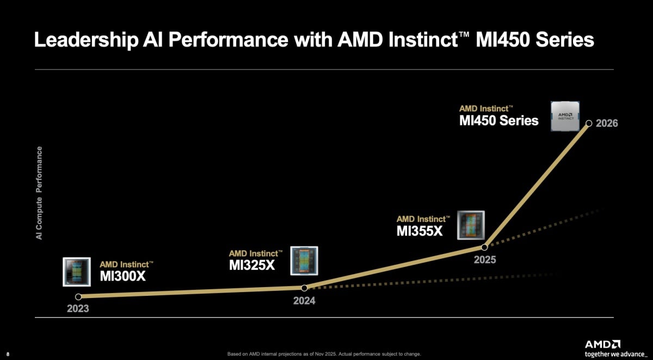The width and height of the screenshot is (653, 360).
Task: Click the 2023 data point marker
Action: click(x=78, y=297)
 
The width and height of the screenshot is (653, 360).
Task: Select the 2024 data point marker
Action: click(x=304, y=288)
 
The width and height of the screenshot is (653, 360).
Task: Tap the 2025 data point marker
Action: click(x=484, y=247)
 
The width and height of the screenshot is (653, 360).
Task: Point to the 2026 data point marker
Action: click(x=588, y=123)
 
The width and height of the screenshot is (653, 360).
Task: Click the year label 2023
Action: click(x=78, y=309)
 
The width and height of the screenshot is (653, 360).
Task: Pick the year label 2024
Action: click(x=304, y=300)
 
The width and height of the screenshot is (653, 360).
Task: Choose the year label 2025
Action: click(x=484, y=260)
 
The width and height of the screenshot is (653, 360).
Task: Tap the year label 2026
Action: click(x=607, y=123)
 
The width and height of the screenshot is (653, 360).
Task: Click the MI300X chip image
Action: click(x=76, y=271)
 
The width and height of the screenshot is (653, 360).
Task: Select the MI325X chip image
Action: click(x=304, y=260)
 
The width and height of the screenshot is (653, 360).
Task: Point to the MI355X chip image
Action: click(x=470, y=225)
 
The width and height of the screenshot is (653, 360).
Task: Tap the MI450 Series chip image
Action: click(x=564, y=115)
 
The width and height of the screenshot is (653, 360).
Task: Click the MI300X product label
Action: click(x=123, y=276)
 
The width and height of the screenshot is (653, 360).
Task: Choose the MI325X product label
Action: click(x=252, y=265)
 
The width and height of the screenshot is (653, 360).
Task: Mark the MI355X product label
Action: click(x=420, y=231)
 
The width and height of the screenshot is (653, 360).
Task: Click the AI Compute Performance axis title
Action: click(x=39, y=193)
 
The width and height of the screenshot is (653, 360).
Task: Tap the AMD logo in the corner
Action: click(x=602, y=345)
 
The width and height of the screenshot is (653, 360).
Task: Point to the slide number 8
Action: click(x=8, y=355)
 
